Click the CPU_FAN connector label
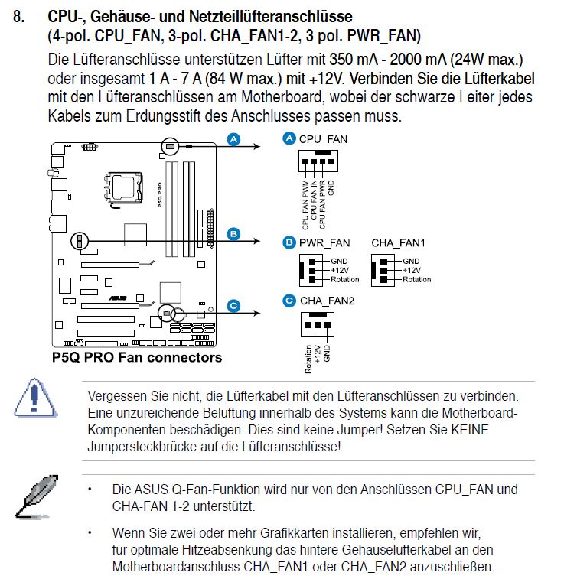click(x=322, y=138)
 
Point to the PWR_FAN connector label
click(x=324, y=242)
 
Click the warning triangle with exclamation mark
click(x=34, y=397)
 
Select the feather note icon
click(x=34, y=495)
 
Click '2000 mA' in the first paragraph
click(x=391, y=59)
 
